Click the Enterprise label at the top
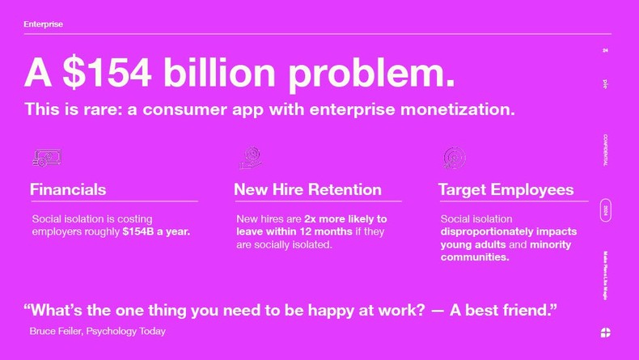(43, 24)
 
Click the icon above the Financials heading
(46, 158)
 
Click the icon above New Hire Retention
(251, 157)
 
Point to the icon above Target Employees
(454, 157)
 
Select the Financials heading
(68, 190)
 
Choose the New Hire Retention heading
(307, 190)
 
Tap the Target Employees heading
(506, 190)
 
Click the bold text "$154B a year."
(156, 232)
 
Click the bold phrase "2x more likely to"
(345, 219)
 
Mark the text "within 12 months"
(294, 232)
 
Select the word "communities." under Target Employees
(474, 257)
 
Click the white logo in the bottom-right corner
(606, 332)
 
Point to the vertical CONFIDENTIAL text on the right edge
(606, 150)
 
